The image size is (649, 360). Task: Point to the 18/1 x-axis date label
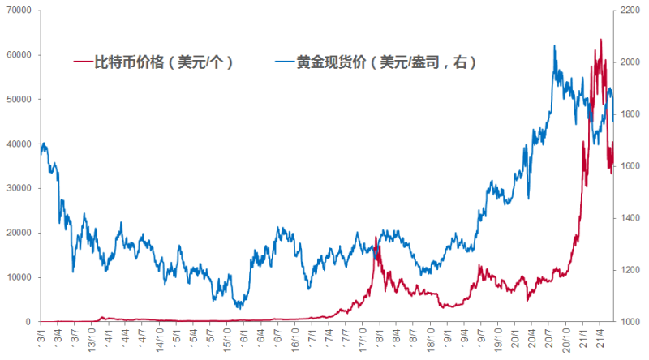[x=380, y=334]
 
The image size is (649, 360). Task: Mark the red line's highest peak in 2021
[x=600, y=39]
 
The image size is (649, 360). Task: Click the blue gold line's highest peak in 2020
[x=554, y=45]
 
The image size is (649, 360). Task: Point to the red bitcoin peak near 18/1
[x=377, y=236]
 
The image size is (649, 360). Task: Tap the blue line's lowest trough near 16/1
[x=239, y=308]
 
